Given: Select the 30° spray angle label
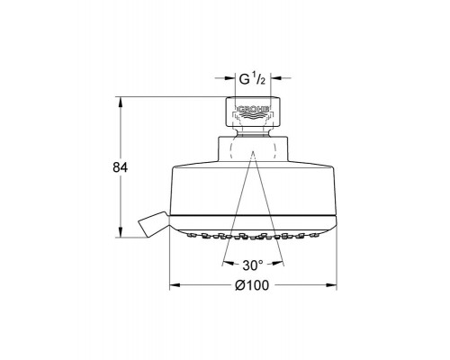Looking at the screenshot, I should [x=254, y=265].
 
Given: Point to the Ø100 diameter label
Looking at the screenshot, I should [x=254, y=285].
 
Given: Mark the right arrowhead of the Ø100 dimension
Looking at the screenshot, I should [x=334, y=286].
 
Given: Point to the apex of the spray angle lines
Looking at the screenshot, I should [x=253, y=153].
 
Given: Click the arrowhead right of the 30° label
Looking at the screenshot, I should [x=279, y=265].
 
